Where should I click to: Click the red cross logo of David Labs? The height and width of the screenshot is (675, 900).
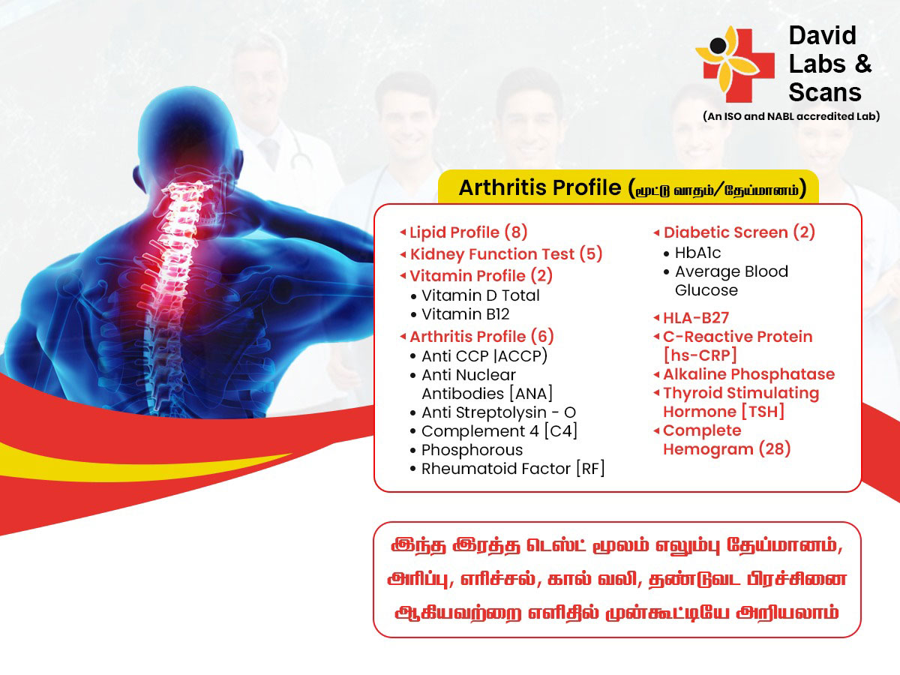pyautogui.click(x=735, y=64)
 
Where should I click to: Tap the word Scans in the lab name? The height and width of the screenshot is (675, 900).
pyautogui.click(x=824, y=92)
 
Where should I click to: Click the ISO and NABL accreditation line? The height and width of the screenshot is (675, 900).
pyautogui.click(x=791, y=116)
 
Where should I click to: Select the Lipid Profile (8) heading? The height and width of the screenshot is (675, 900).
pyautogui.click(x=469, y=232)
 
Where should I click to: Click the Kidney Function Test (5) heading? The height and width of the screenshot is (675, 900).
pyautogui.click(x=506, y=254)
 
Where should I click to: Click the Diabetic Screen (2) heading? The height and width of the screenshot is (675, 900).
pyautogui.click(x=739, y=232)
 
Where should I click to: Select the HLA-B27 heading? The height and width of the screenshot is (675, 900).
pyautogui.click(x=696, y=317)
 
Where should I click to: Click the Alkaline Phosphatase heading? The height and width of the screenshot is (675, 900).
pyautogui.click(x=749, y=374)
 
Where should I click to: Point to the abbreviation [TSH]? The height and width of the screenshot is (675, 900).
pyautogui.click(x=763, y=412)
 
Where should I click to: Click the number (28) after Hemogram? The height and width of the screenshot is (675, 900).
pyautogui.click(x=775, y=449)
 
